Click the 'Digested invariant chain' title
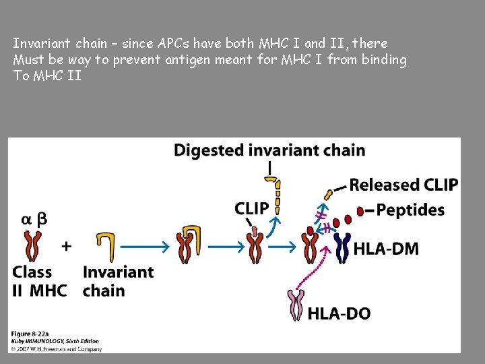(269, 150)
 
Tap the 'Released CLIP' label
(403, 185)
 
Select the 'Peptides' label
(410, 210)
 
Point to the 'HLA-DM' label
(386, 249)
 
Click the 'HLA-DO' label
(339, 313)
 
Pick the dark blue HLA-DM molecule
(343, 247)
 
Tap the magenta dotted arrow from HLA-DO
(317, 274)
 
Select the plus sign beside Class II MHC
(67, 246)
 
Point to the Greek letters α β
(34, 219)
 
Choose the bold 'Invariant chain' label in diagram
(118, 281)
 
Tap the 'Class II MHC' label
(39, 281)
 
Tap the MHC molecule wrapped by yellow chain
(187, 245)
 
